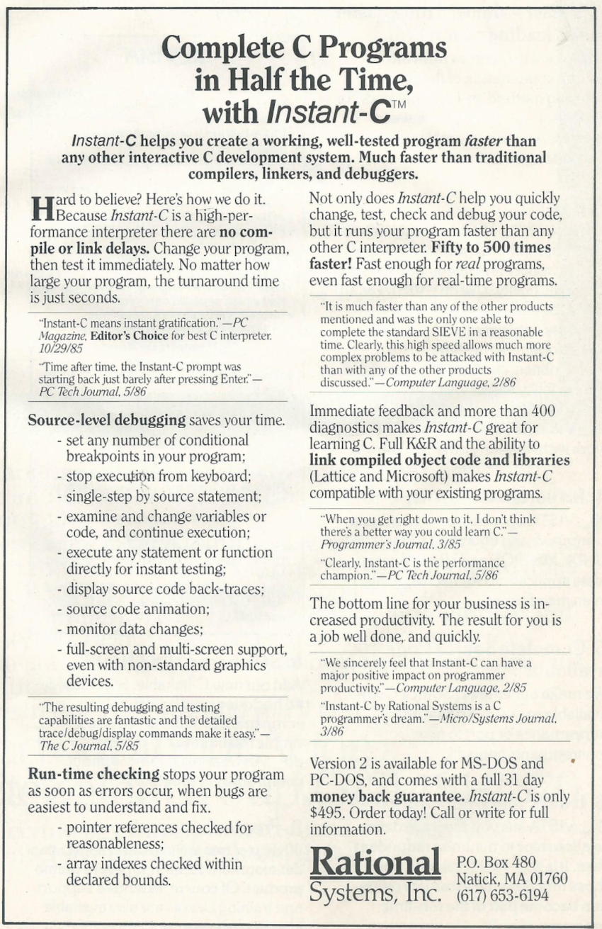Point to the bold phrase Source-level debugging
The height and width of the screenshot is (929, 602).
click(x=107, y=420)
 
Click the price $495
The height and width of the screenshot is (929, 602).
click(x=329, y=812)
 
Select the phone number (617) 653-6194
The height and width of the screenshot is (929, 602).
click(x=502, y=896)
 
